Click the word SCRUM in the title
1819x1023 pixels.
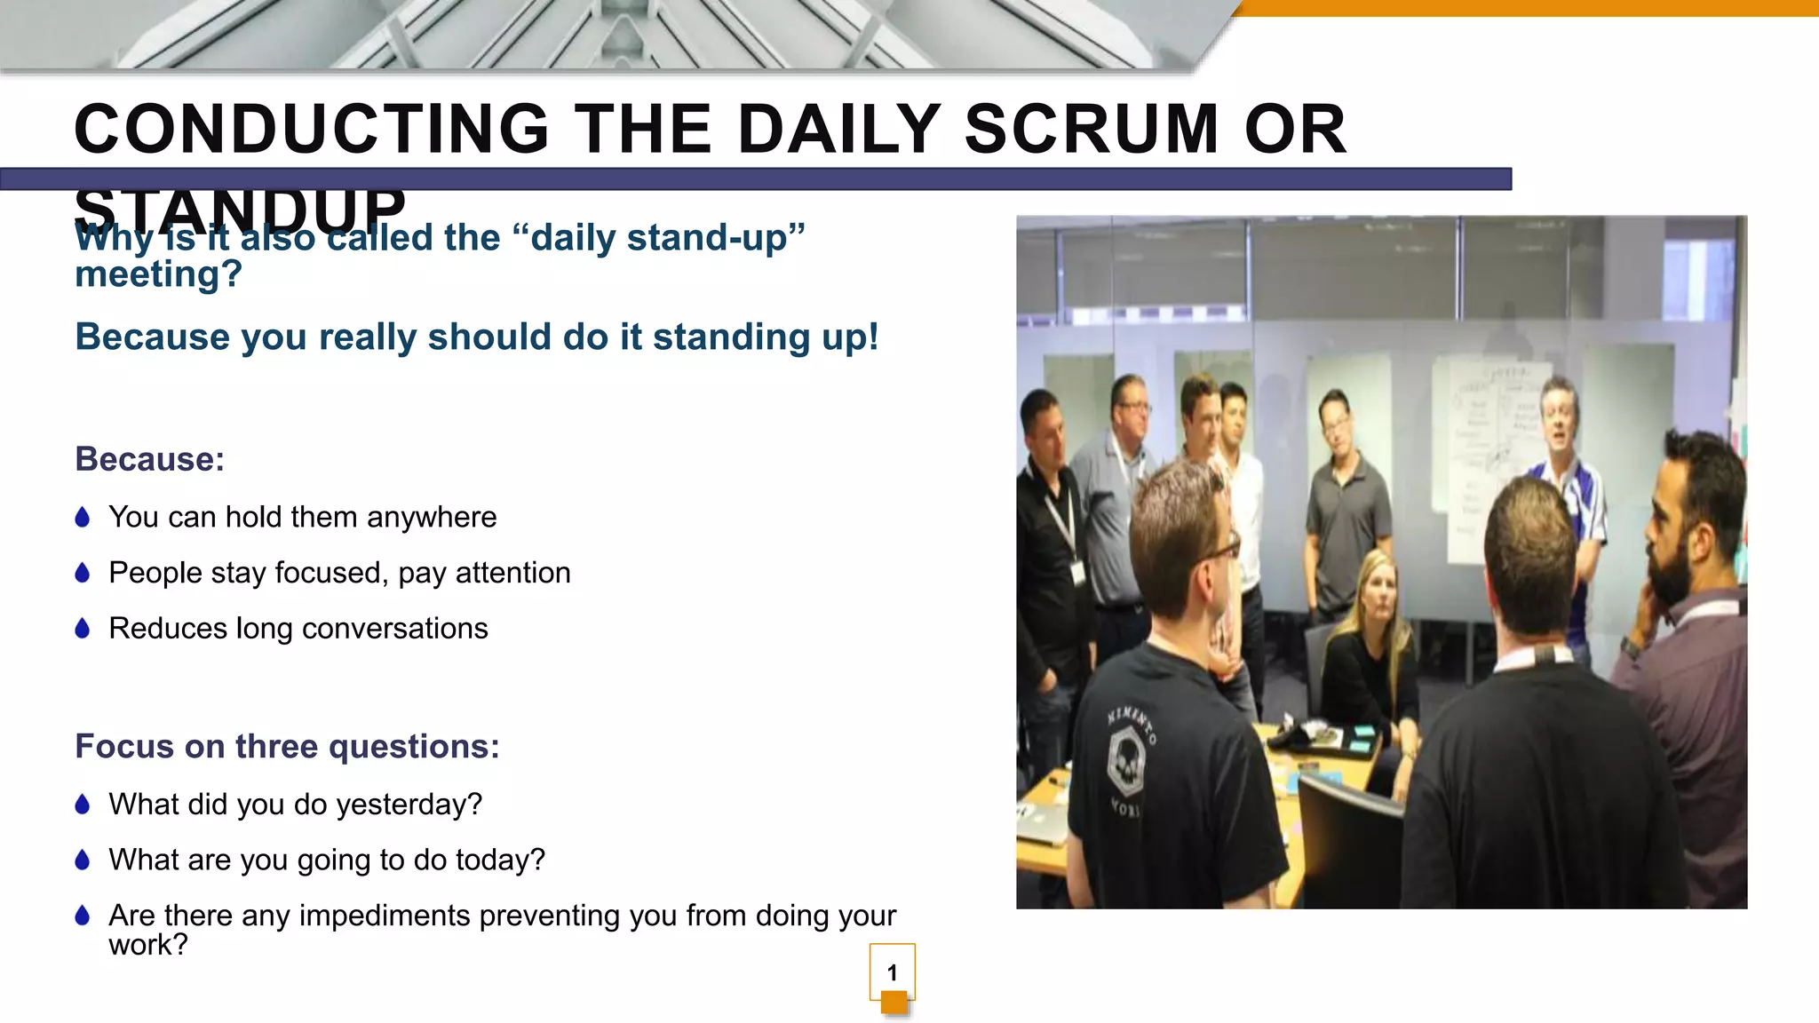(x=1092, y=130)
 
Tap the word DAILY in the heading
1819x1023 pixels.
(x=838, y=130)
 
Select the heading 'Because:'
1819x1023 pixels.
(x=149, y=459)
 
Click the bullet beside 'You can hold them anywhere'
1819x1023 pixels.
(x=83, y=517)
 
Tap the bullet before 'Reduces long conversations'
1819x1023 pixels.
(x=83, y=629)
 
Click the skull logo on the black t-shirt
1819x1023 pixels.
(x=1127, y=759)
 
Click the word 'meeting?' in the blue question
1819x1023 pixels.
(x=158, y=274)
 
